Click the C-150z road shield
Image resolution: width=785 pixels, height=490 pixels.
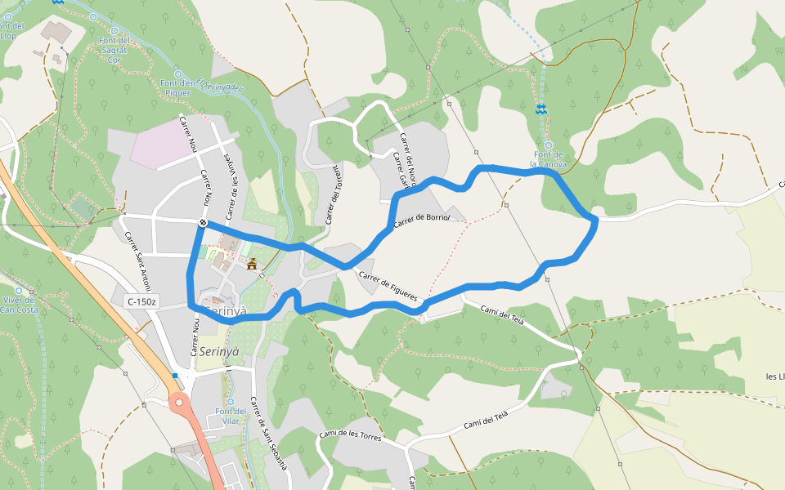[141, 302]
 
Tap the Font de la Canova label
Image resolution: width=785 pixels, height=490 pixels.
[549, 158]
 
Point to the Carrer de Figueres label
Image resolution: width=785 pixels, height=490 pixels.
[388, 286]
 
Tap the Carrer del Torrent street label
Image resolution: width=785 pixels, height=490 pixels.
[332, 194]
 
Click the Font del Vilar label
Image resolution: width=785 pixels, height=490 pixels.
[230, 415]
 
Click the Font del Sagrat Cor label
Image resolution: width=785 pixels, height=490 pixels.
[114, 50]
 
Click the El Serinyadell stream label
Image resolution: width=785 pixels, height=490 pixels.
[222, 85]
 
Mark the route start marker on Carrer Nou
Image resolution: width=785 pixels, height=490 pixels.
[202, 222]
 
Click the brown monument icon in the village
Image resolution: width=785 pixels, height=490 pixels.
[252, 263]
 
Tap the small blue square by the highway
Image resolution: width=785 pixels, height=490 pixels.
[174, 376]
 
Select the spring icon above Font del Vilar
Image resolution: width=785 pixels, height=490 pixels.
[230, 401]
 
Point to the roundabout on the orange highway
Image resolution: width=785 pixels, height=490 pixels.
[179, 401]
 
